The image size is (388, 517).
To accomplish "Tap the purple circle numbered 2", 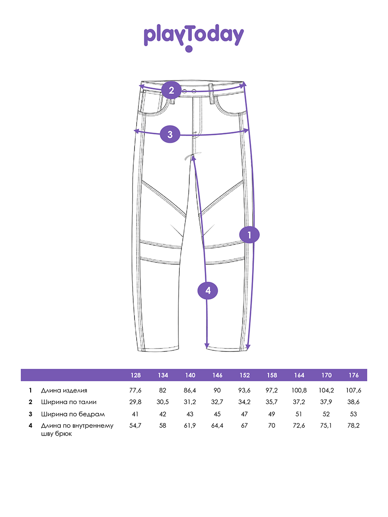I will tap(172, 90).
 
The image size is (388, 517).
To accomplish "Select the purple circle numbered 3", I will tap(170, 134).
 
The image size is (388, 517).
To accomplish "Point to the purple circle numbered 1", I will tap(249, 235).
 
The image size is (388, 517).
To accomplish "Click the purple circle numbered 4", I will tap(208, 291).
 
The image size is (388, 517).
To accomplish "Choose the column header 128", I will tap(135, 375).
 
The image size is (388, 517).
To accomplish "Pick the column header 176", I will tap(354, 375).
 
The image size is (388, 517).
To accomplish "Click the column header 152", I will tap(244, 375).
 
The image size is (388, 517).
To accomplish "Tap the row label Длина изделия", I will tap(64, 391).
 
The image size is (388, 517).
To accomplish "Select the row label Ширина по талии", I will tap(69, 402).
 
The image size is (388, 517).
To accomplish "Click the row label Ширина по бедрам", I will tap(73, 414).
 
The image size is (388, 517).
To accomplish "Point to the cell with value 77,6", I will tap(135, 391).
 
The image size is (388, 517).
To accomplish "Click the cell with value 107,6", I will tap(354, 391).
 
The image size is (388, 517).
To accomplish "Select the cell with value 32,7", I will tap(217, 402).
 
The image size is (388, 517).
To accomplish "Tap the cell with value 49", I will tap(272, 414).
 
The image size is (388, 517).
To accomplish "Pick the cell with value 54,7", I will tap(135, 426).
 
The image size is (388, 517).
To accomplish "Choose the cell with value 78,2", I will tap(354, 426).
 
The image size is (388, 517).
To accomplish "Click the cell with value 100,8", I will tap(299, 391).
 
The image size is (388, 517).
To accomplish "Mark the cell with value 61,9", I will tap(190, 426).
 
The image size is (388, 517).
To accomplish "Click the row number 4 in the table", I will tap(31, 426).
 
